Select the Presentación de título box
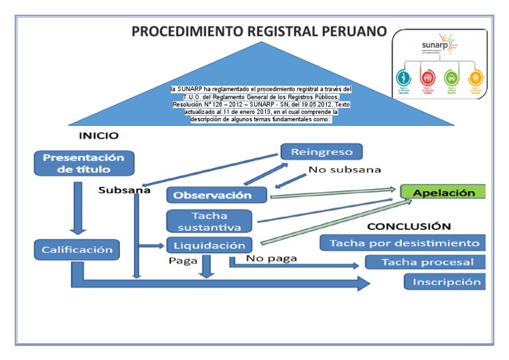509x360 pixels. point(83,164)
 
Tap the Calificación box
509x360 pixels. point(77,250)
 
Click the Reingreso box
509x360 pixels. point(321,152)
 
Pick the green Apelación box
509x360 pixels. point(443,193)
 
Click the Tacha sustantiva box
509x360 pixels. point(209,221)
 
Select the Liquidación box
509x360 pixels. point(209,245)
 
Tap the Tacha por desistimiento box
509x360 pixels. point(404,243)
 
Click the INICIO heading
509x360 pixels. point(99,135)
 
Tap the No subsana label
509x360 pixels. point(344,170)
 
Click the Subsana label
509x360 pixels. point(124,190)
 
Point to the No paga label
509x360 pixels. point(271,259)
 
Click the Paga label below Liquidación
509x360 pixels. point(183,261)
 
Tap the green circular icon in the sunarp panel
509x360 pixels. point(451,76)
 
